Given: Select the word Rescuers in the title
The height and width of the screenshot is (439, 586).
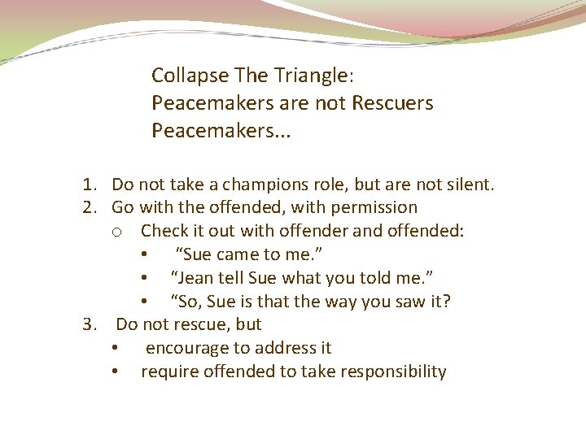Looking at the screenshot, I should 392,103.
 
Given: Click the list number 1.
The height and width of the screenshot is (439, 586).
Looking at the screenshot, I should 88,185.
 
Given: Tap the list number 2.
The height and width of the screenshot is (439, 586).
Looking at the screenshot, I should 88,207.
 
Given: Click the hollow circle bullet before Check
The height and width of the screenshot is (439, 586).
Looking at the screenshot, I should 117,232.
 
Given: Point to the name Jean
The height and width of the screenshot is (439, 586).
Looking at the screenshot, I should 194,278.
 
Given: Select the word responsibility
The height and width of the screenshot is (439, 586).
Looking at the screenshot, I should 391,372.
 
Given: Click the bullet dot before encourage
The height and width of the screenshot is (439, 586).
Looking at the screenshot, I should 117,348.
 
